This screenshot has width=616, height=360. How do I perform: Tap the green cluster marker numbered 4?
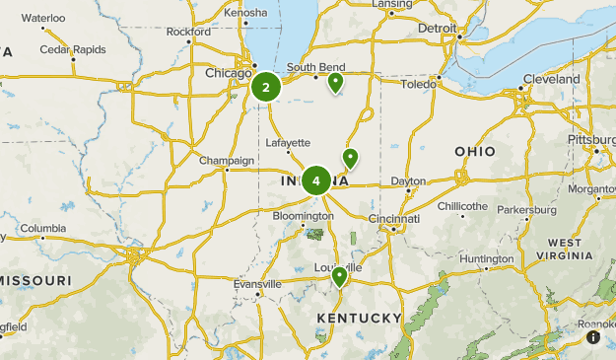(x=316, y=180)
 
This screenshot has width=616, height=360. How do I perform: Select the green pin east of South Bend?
(x=335, y=82)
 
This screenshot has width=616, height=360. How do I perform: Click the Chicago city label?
(x=228, y=73)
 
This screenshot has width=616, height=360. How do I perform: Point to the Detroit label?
(x=438, y=29)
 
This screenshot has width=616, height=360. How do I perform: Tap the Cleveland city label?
(x=552, y=79)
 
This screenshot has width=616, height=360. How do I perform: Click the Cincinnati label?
(x=394, y=218)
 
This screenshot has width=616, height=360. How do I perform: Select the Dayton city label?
(x=408, y=181)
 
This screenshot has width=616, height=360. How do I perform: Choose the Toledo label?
(x=418, y=85)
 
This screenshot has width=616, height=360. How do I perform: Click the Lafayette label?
(x=289, y=142)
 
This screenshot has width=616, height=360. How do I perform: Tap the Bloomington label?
(x=304, y=214)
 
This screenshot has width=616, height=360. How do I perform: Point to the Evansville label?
(x=257, y=284)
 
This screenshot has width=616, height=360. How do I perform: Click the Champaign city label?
(x=227, y=161)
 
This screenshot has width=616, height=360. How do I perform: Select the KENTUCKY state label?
(x=359, y=318)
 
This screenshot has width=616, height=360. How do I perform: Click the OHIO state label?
(x=475, y=151)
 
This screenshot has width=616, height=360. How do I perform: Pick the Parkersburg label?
(x=527, y=210)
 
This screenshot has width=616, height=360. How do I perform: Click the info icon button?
(x=593, y=337)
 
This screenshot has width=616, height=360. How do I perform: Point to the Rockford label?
(x=188, y=32)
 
